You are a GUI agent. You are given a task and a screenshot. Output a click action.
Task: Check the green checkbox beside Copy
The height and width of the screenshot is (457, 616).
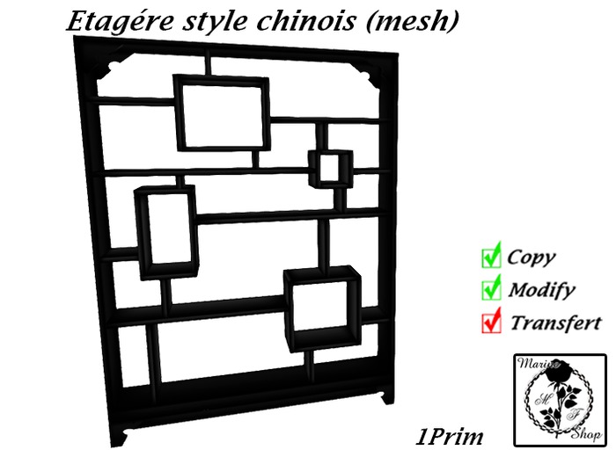coord(491,257)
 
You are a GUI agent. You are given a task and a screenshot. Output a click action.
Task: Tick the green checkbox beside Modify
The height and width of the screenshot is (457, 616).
coord(491,288)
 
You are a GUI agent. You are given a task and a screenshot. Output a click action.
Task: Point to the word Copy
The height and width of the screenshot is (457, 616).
coord(531,258)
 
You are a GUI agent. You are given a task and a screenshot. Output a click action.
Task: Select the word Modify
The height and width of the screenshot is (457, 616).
coord(541,289)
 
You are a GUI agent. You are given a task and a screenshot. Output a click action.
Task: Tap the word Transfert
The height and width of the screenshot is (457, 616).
coord(555,322)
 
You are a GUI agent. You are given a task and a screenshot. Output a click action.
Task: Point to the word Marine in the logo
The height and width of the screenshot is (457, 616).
coord(534,364)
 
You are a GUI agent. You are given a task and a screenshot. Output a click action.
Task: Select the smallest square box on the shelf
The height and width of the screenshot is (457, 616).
coord(330,168)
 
